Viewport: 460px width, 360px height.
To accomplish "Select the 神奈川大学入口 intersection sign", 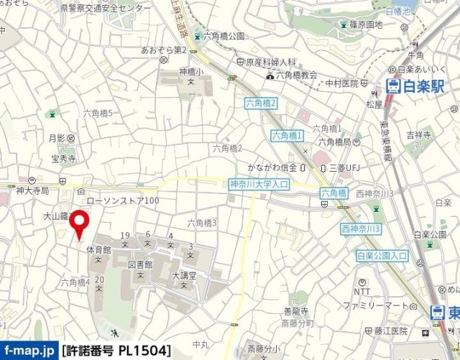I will [258, 185].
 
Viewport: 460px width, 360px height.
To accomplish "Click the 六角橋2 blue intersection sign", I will [260, 103].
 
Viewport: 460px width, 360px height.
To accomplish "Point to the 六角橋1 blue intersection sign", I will [287, 135].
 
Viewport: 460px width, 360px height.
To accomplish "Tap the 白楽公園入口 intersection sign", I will [382, 255].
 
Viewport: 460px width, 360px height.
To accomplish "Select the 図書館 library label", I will [142, 264].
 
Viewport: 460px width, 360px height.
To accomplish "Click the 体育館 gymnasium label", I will [98, 249].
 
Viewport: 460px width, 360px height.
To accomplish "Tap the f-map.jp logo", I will [28, 351].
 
